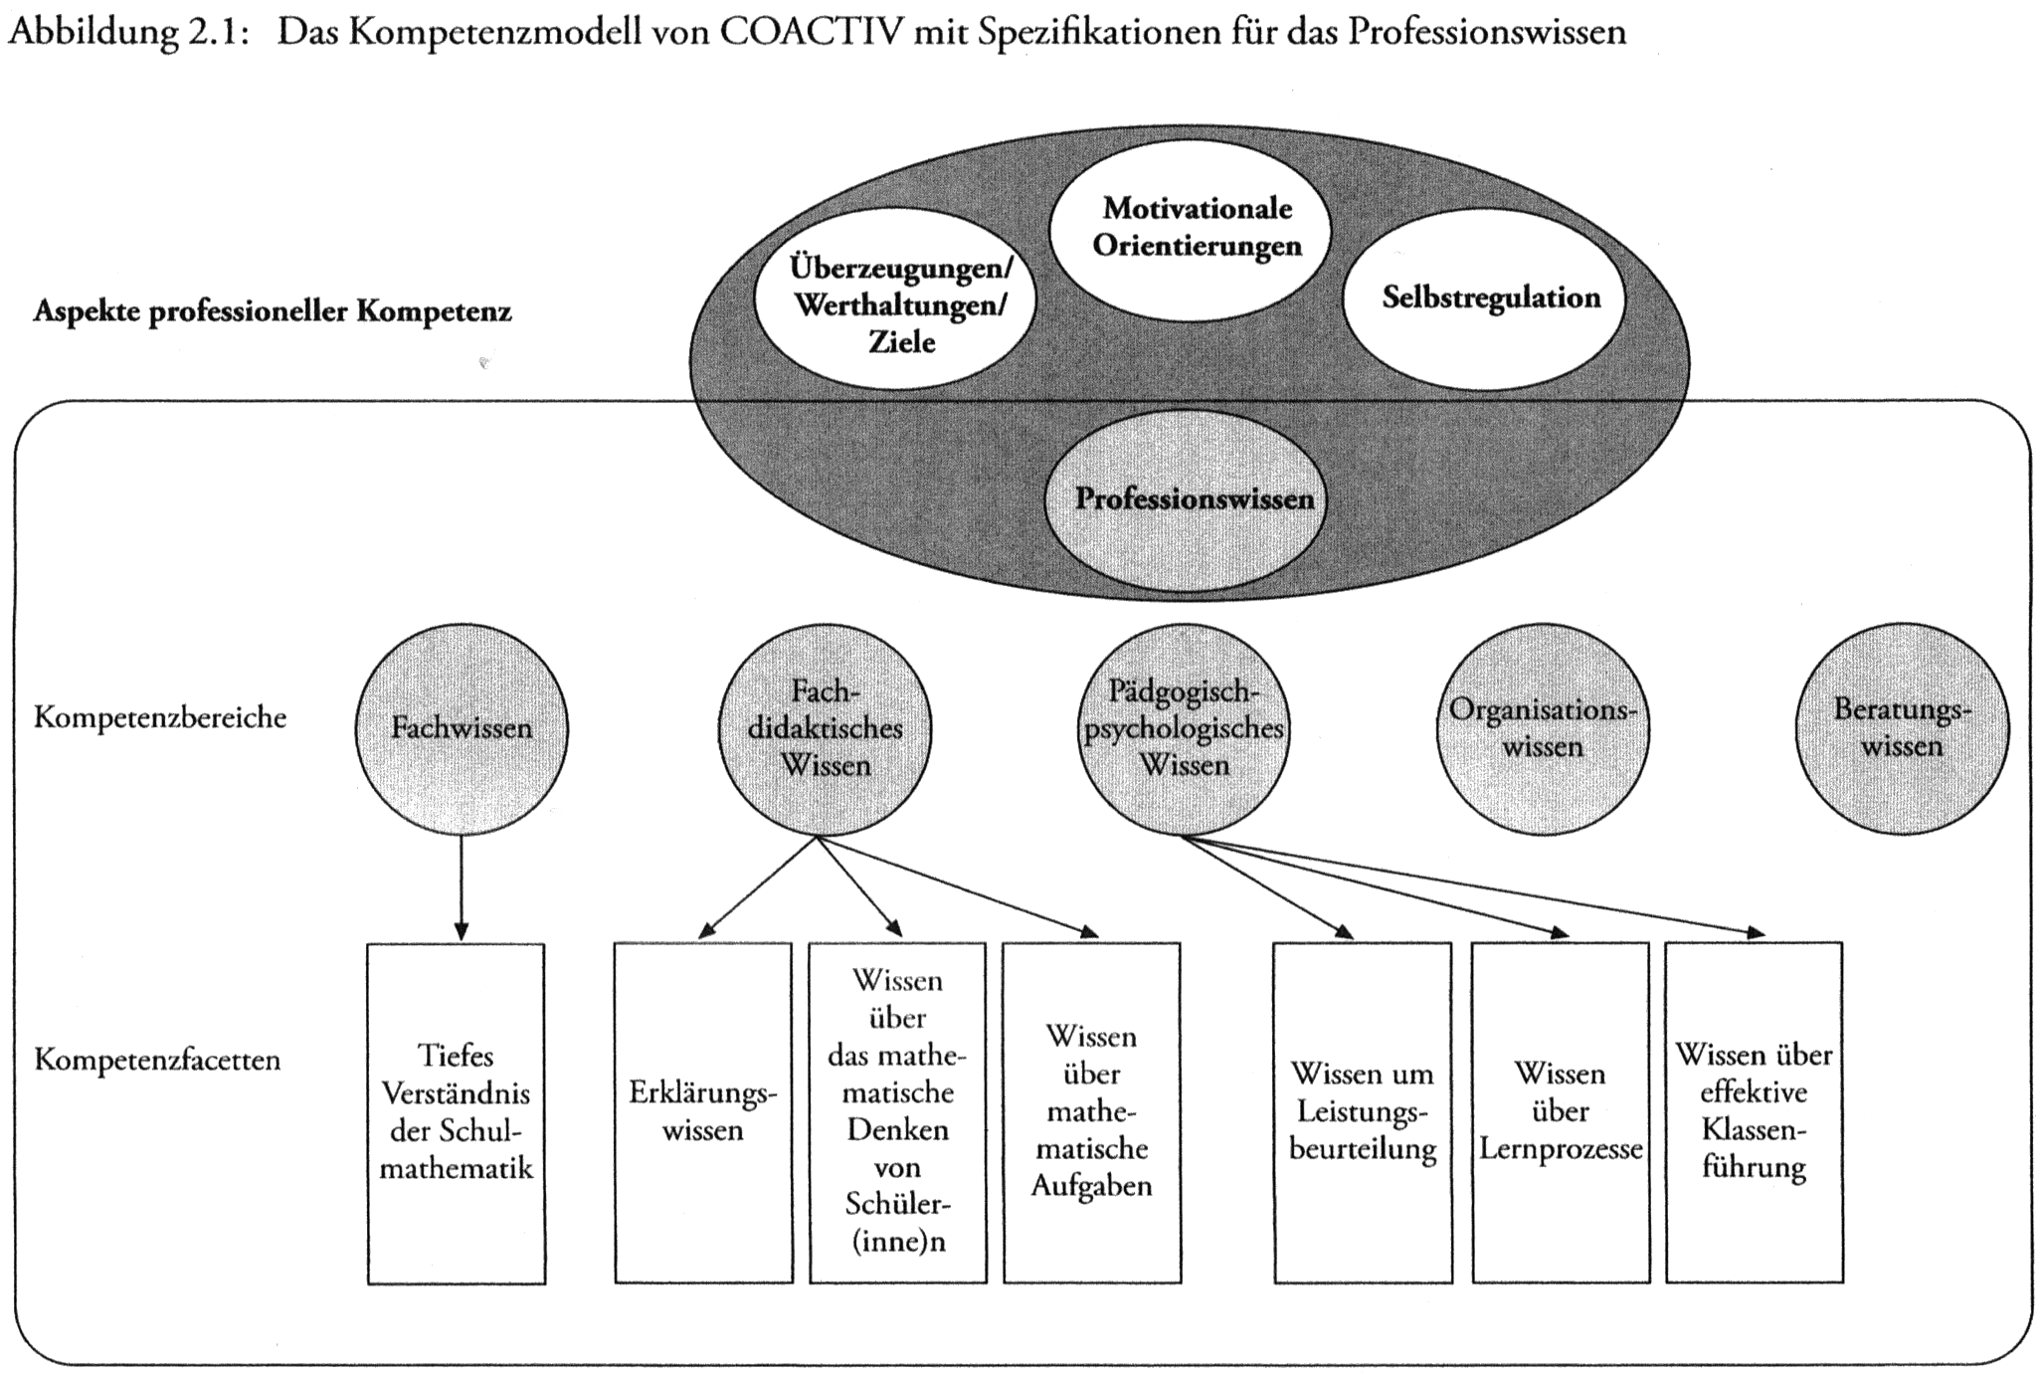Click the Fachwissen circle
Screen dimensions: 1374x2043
click(x=462, y=728)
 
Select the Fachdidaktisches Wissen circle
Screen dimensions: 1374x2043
click(x=825, y=728)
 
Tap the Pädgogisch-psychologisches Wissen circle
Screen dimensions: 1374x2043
click(x=1184, y=728)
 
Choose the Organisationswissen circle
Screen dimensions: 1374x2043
click(x=1542, y=728)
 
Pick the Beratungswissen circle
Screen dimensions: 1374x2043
click(x=1901, y=728)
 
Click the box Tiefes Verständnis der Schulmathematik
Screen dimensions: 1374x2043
click(x=457, y=1112)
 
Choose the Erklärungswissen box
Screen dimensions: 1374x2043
click(x=703, y=1112)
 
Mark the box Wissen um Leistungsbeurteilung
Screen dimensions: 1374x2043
click(x=1363, y=1112)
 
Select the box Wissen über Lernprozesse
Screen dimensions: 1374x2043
click(x=1560, y=1112)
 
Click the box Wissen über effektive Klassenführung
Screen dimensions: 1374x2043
click(x=1754, y=1112)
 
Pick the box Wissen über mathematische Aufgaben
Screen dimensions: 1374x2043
click(x=1091, y=1112)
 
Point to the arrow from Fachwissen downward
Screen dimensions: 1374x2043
click(x=461, y=885)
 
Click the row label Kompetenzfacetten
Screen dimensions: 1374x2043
click(x=157, y=1060)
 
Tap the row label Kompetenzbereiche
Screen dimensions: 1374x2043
click(x=160, y=717)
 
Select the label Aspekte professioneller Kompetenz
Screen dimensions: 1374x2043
click(x=273, y=311)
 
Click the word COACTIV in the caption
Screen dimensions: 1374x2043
click(x=813, y=32)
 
